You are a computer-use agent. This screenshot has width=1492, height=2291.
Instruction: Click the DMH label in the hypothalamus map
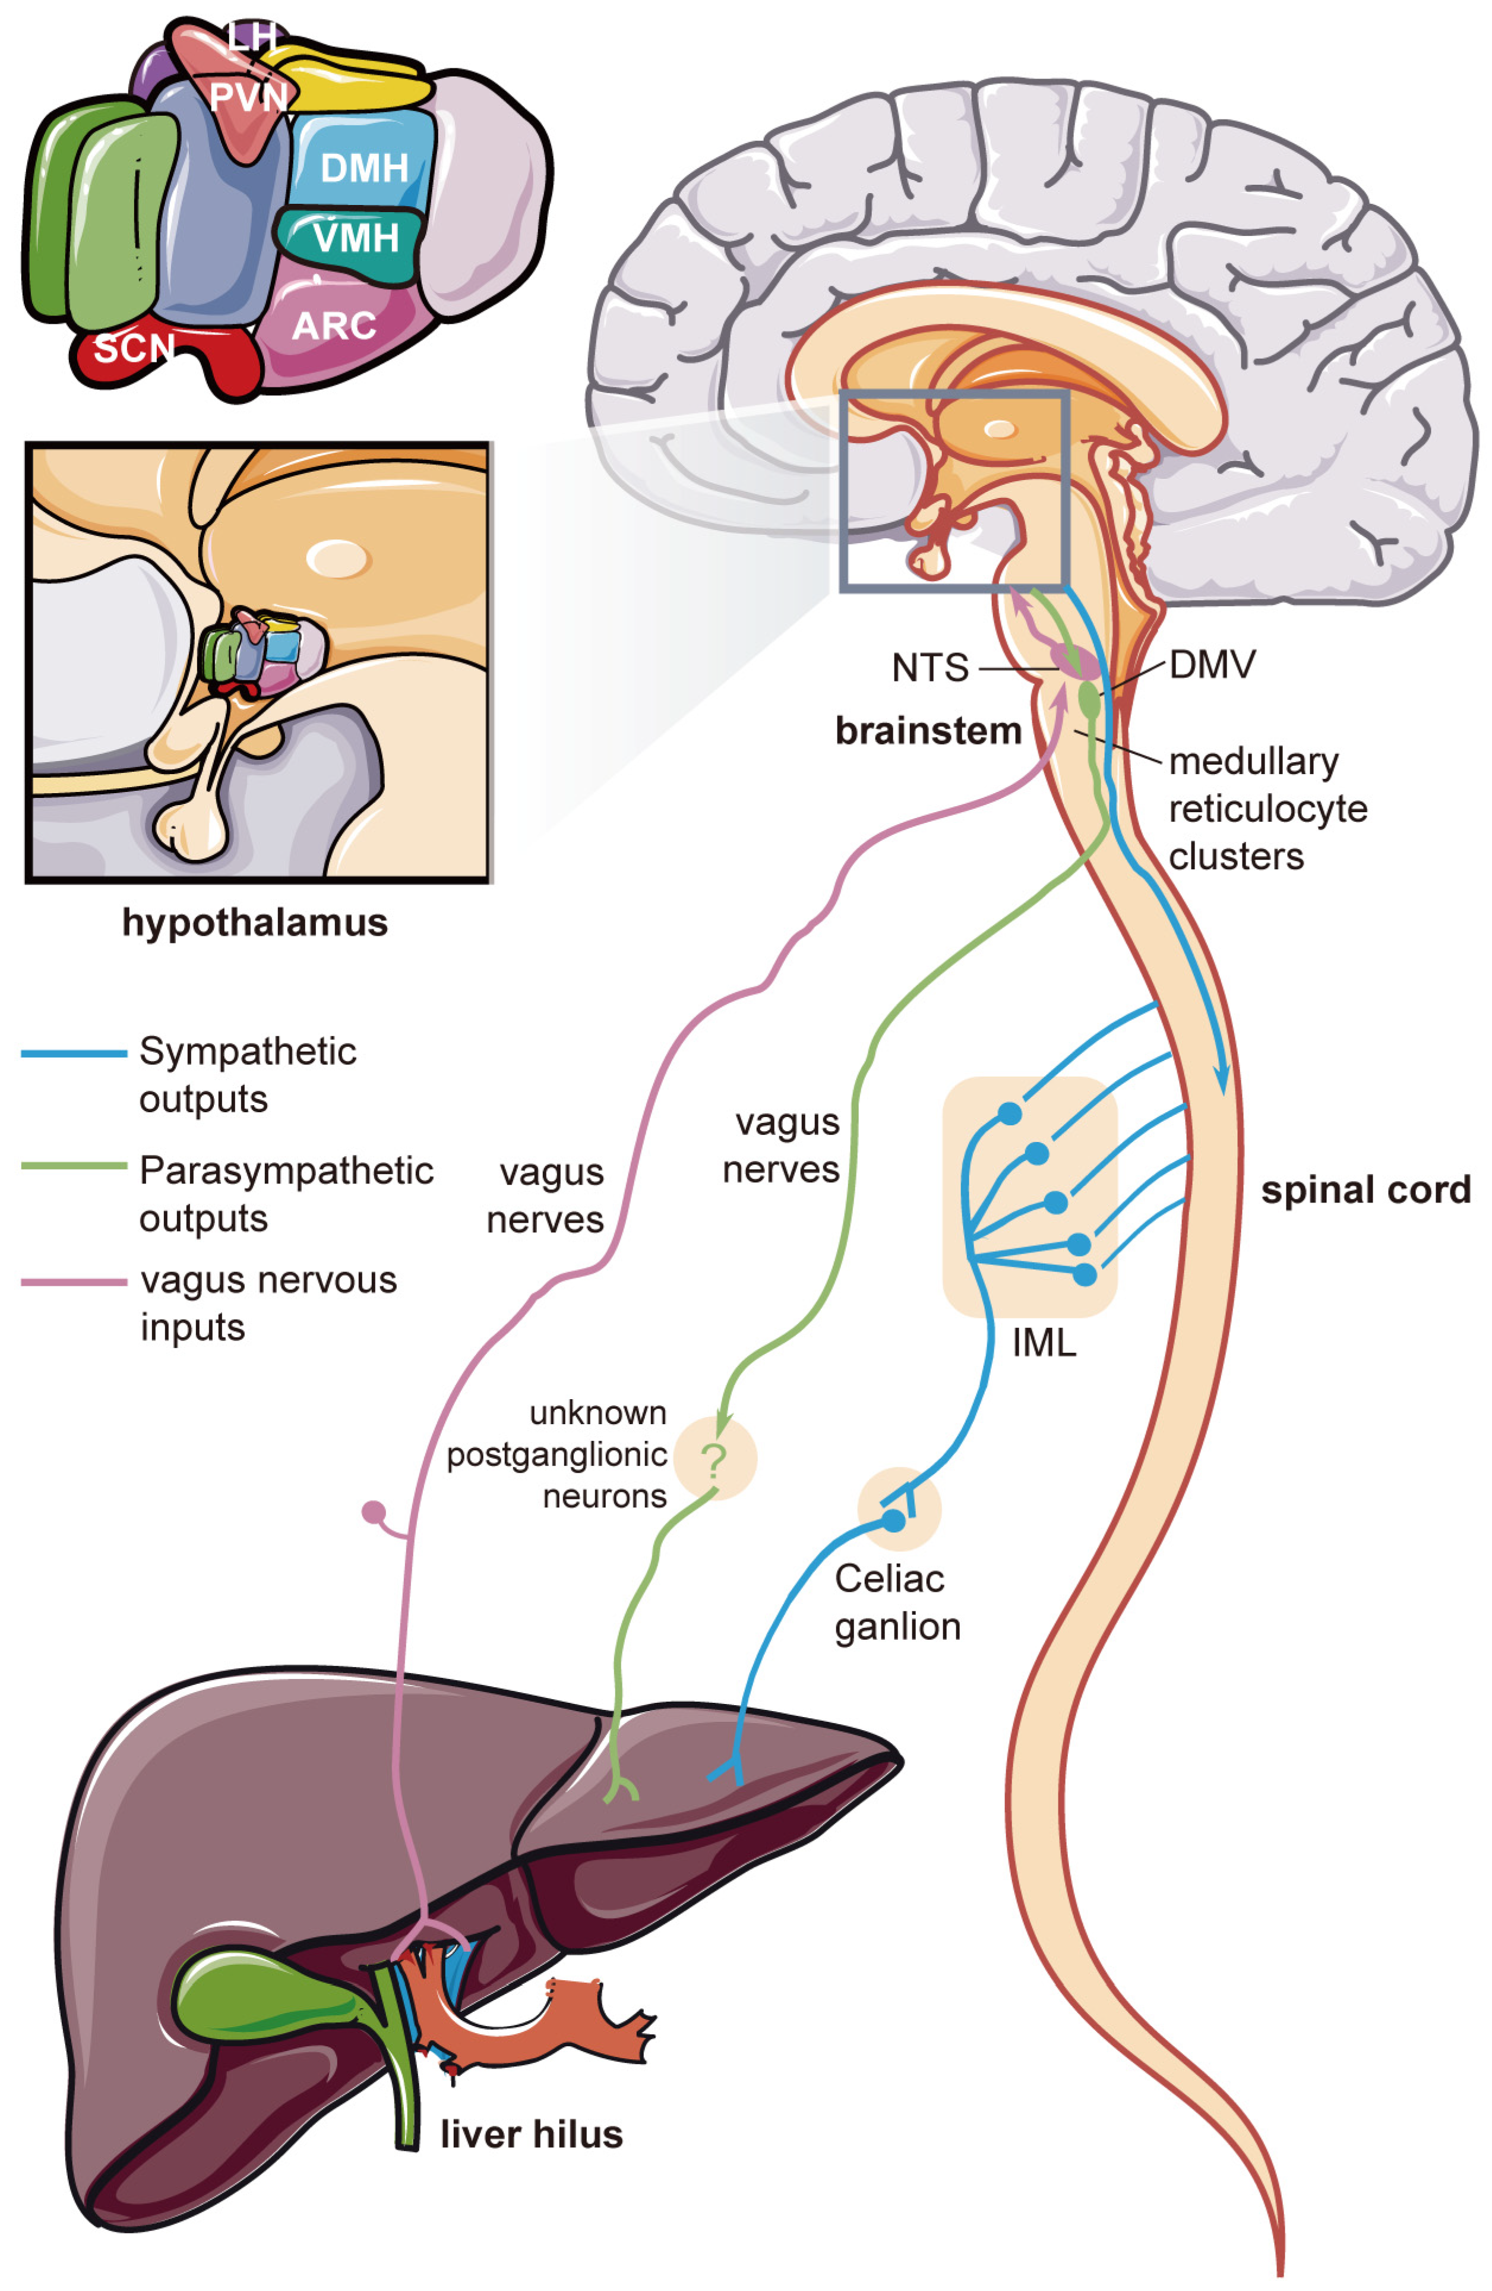(x=364, y=169)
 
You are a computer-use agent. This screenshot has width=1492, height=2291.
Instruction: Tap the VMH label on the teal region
(x=356, y=238)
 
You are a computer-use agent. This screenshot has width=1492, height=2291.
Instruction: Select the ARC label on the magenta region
(x=334, y=326)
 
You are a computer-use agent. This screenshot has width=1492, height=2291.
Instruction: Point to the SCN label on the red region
(x=134, y=348)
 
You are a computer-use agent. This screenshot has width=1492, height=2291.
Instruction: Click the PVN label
(x=248, y=97)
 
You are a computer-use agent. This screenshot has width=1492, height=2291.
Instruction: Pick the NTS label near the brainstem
(x=930, y=668)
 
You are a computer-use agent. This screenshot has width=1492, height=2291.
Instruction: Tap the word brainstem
(x=928, y=731)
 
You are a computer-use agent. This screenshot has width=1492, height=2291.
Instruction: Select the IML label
(x=1044, y=1343)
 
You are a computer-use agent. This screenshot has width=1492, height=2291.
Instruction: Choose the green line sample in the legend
(x=74, y=1166)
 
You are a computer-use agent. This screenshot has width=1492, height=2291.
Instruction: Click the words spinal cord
(x=1366, y=1191)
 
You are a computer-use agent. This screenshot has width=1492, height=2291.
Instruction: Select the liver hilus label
(x=532, y=2134)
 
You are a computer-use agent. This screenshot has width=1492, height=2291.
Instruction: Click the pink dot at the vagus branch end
(x=374, y=1512)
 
